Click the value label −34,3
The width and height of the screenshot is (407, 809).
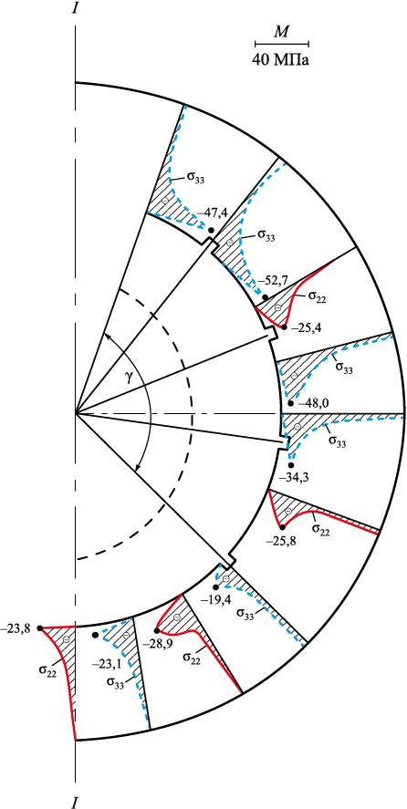[292, 478]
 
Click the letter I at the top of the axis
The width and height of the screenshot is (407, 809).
[76, 9]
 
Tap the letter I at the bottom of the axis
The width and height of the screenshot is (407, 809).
[76, 802]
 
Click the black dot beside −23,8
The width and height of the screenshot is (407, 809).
[39, 627]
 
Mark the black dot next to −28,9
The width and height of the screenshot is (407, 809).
[156, 630]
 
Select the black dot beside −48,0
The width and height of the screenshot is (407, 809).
[290, 403]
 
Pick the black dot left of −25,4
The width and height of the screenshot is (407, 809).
[284, 327]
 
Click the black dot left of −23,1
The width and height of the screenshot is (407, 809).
[95, 635]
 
